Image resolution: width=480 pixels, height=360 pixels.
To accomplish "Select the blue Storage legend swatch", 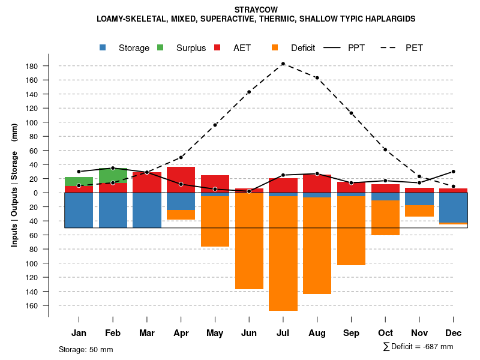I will (x=104, y=48).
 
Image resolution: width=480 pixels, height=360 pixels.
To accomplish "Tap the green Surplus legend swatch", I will (x=161, y=48).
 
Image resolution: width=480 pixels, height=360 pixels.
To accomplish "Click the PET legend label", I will (x=414, y=48).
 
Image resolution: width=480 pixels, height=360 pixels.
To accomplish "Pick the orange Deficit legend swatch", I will (x=275, y=48).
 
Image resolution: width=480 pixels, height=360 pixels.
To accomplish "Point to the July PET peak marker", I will (x=283, y=64).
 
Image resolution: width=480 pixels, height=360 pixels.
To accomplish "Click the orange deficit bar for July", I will (x=283, y=252).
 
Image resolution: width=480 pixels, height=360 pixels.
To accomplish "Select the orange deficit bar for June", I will (x=249, y=240).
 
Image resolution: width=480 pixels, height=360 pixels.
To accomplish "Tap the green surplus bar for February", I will (x=113, y=176).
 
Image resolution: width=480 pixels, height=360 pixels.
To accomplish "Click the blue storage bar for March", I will (x=147, y=210).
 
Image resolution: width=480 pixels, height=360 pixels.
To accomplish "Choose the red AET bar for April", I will (x=181, y=179).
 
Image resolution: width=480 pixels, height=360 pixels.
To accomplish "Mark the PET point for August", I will (x=317, y=78).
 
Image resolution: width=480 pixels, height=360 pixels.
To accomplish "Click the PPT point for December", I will (x=453, y=172).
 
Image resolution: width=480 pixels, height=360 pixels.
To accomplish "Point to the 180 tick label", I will (x=33, y=66).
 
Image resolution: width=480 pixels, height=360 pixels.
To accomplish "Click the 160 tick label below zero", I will (x=33, y=305).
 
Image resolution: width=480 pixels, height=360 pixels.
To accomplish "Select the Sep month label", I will (x=351, y=333).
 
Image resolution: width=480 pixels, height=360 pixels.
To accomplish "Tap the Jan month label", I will (x=79, y=333).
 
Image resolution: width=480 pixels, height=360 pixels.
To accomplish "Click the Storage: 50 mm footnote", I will (x=86, y=349).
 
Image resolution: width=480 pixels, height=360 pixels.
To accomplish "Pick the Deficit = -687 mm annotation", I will (x=418, y=347).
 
